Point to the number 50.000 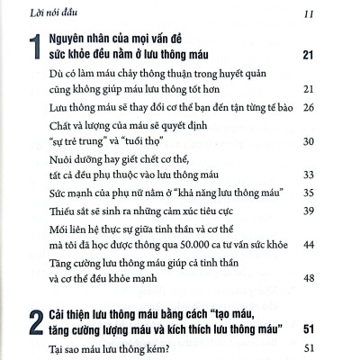coord(188,246)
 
